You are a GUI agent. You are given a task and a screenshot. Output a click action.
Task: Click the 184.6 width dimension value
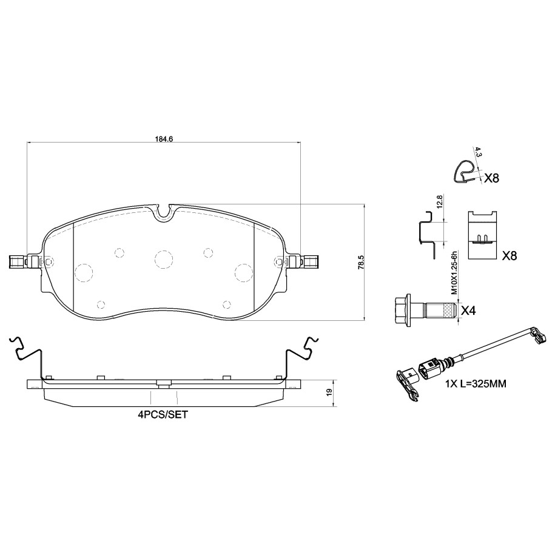point(164,139)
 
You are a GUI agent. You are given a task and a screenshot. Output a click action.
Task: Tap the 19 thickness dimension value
point(329,392)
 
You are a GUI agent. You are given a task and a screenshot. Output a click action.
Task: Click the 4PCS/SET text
point(163,415)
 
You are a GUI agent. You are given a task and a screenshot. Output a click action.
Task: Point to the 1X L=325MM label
point(476,384)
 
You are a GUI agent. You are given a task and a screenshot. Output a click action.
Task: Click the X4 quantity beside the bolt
point(468,311)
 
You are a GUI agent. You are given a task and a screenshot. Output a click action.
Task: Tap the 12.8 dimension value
point(439,201)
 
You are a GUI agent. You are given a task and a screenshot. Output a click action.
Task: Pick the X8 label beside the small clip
point(491,178)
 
